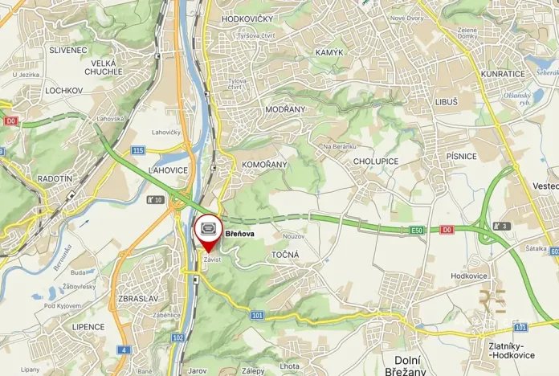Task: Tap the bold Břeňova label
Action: click(x=240, y=234)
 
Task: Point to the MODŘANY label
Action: click(x=285, y=108)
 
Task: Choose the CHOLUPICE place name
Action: click(x=376, y=161)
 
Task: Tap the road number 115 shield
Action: click(x=138, y=150)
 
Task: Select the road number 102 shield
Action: click(x=177, y=337)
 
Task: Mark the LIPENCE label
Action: click(x=88, y=327)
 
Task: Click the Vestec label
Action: click(x=545, y=186)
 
